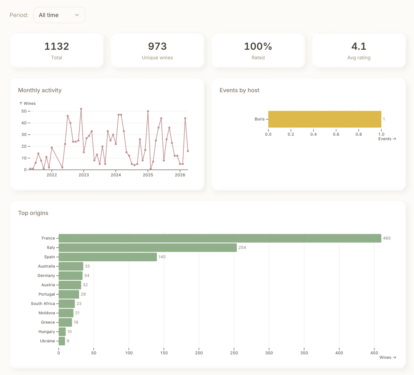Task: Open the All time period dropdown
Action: [59, 15]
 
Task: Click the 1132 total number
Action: [57, 46]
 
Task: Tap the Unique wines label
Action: [157, 58]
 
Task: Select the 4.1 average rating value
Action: [359, 46]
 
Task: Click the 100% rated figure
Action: [258, 46]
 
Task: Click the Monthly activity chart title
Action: [40, 90]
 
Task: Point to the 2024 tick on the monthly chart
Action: [116, 175]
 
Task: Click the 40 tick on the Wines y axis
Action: [24, 123]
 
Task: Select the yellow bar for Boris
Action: [324, 119]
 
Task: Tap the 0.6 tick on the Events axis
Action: [336, 134]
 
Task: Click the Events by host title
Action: [239, 90]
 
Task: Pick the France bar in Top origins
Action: [220, 238]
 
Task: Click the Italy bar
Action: [147, 248]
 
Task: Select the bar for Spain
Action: [108, 257]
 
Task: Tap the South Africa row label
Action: [43, 304]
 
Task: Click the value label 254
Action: [242, 248]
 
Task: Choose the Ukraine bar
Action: [62, 341]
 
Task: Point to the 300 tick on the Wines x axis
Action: [269, 353]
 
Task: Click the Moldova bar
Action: [66, 313]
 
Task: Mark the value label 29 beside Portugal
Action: [83, 294]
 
